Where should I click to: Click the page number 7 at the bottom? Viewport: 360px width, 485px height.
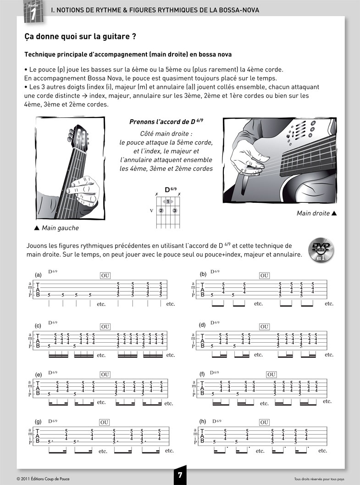[180, 476]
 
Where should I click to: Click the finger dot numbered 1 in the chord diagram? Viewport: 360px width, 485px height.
[168, 201]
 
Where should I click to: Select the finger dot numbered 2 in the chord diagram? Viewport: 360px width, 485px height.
[161, 211]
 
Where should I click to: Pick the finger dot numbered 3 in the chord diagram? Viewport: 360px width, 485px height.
[175, 211]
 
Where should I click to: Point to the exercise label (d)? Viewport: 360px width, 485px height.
[202, 325]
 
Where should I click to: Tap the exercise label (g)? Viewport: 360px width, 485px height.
[39, 421]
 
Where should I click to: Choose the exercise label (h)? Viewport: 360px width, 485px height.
[202, 421]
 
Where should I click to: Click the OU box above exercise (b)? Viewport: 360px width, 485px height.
[264, 276]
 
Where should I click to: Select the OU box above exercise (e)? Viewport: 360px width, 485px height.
[105, 374]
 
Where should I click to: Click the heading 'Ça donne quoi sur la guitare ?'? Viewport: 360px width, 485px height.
[80, 36]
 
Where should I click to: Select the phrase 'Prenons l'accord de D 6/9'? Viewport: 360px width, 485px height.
[166, 122]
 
